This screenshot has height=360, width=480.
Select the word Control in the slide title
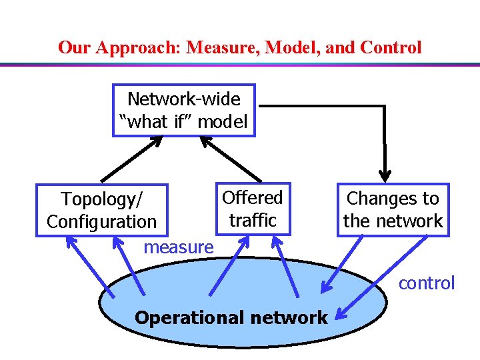(x=391, y=48)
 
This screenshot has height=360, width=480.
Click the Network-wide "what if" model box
(x=184, y=110)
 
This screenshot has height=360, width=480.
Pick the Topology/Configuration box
(x=102, y=209)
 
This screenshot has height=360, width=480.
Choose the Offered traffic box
(x=253, y=209)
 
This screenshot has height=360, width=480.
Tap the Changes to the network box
(x=393, y=209)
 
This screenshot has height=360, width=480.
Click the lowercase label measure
(x=179, y=247)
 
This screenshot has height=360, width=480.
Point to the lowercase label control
(x=427, y=283)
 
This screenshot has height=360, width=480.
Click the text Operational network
(x=231, y=317)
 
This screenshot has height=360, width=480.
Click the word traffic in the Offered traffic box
(x=253, y=220)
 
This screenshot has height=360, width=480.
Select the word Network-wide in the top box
(x=184, y=99)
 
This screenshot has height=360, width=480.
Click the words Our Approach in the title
(x=120, y=48)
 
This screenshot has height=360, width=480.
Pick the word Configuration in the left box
(x=102, y=221)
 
